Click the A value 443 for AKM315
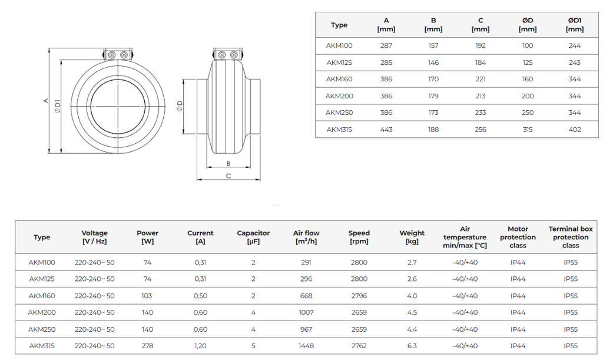click(x=386, y=130)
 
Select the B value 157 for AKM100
click(x=433, y=46)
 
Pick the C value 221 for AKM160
click(x=481, y=79)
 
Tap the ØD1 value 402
click(x=575, y=130)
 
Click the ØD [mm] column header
click(x=528, y=25)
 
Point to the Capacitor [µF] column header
click(x=253, y=237)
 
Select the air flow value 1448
click(x=306, y=346)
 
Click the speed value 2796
click(x=359, y=296)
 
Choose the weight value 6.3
click(x=412, y=346)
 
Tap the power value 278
click(x=147, y=346)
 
